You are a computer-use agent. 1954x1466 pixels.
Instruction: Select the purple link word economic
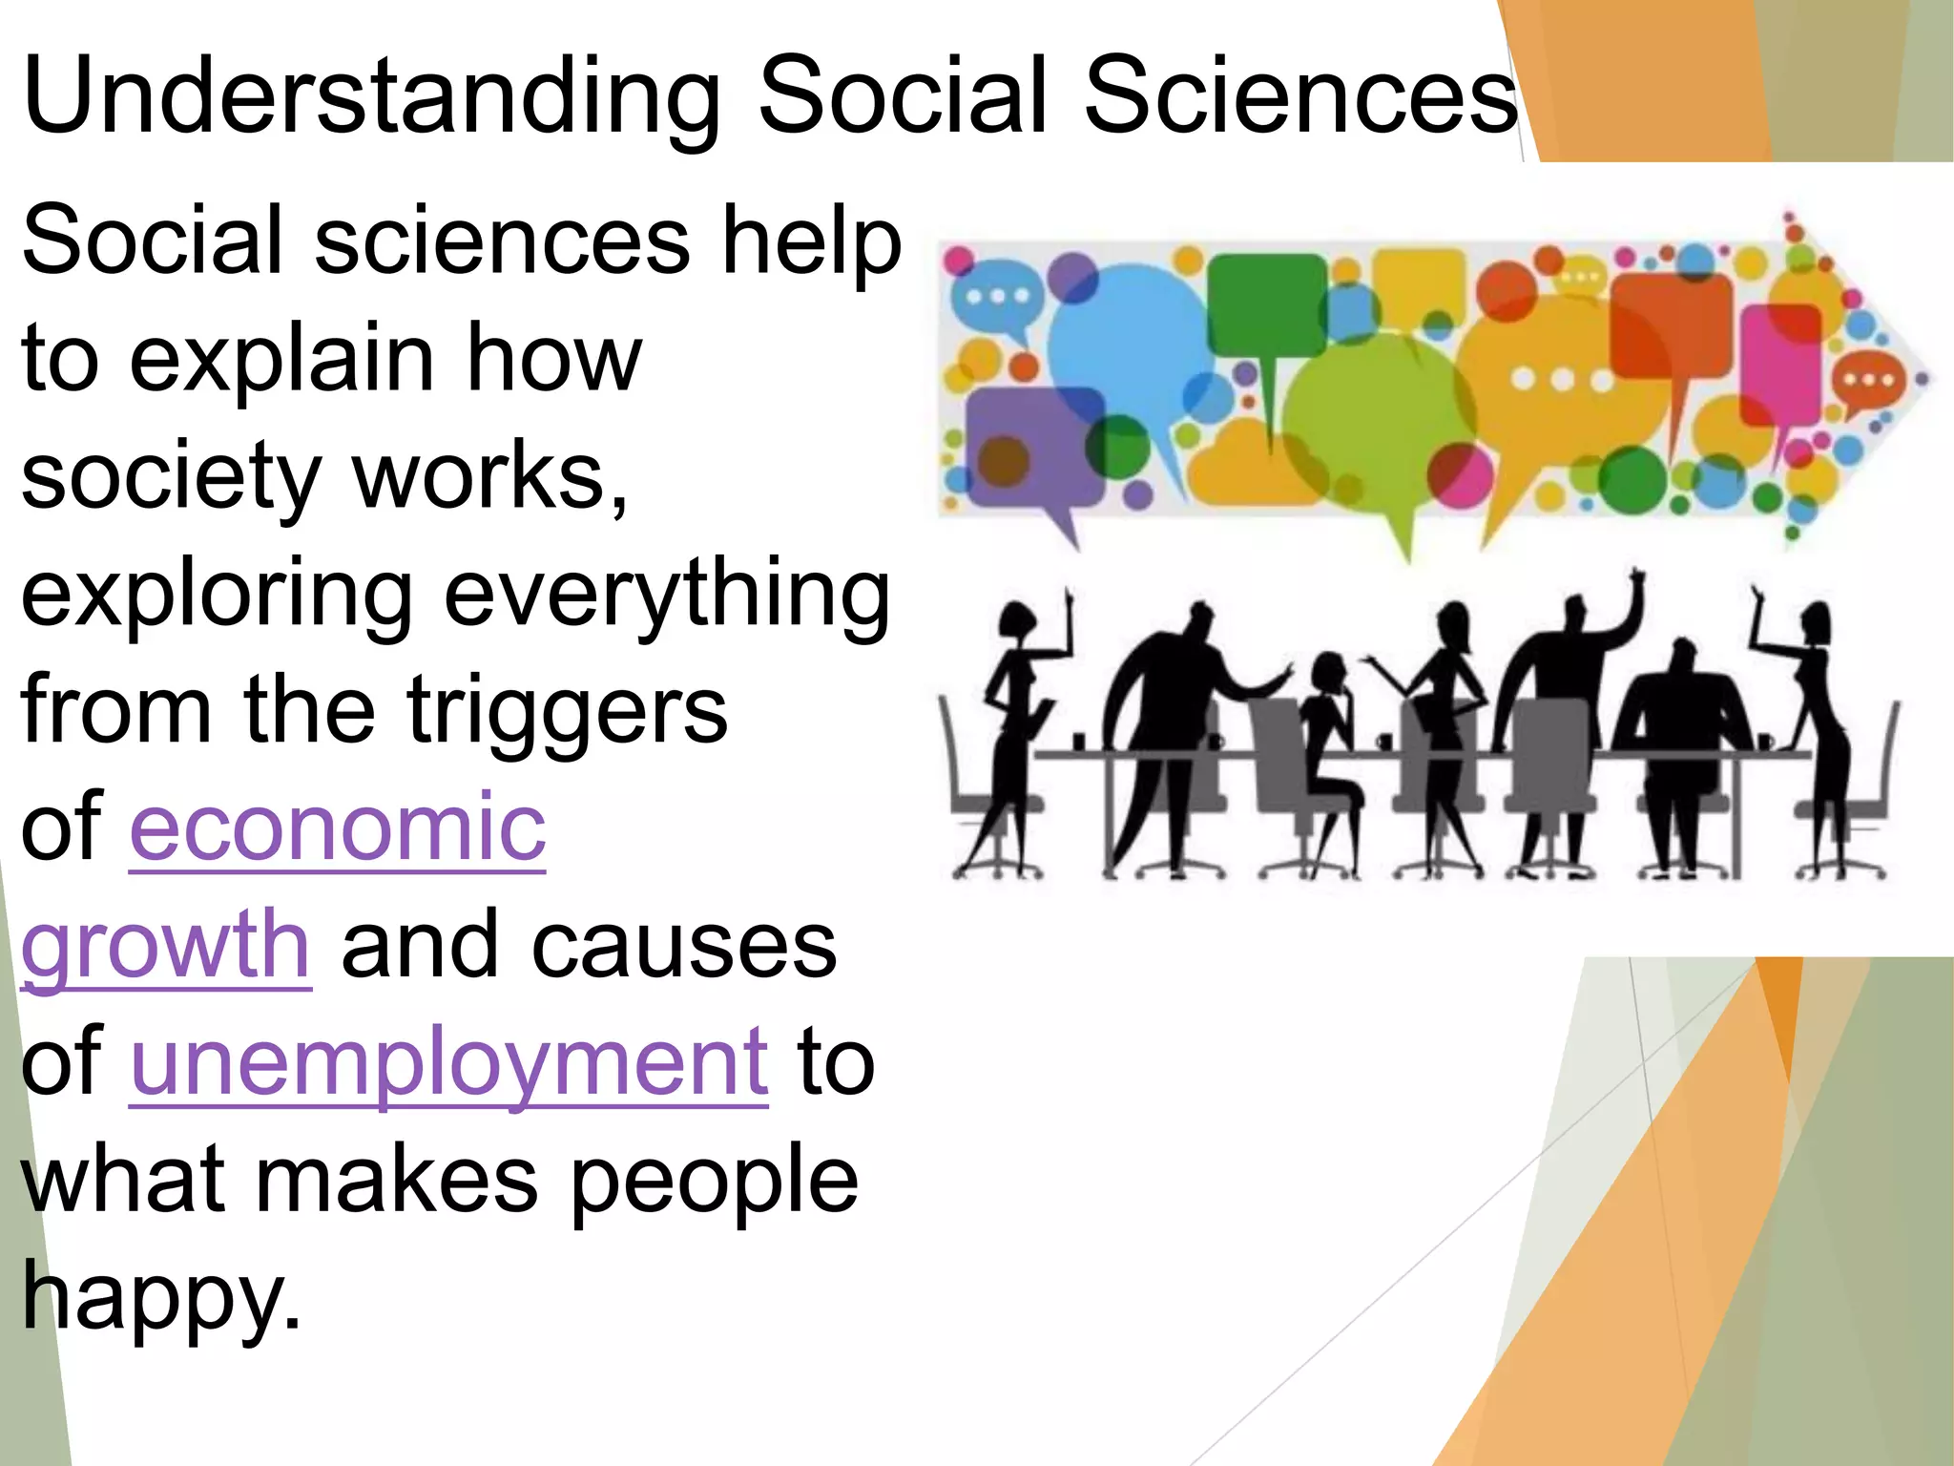[338, 827]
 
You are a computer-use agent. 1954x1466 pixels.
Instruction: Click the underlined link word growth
[166, 945]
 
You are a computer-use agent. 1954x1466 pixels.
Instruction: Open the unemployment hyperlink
[448, 1061]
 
